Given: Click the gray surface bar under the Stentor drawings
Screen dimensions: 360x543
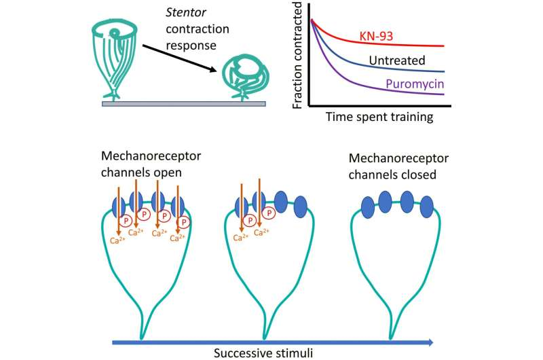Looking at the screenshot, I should pyautogui.click(x=183, y=104).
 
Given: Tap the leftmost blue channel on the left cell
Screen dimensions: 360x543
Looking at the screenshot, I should pyautogui.click(x=117, y=205).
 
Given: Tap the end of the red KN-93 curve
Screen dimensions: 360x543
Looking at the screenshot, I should pyautogui.click(x=444, y=46).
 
